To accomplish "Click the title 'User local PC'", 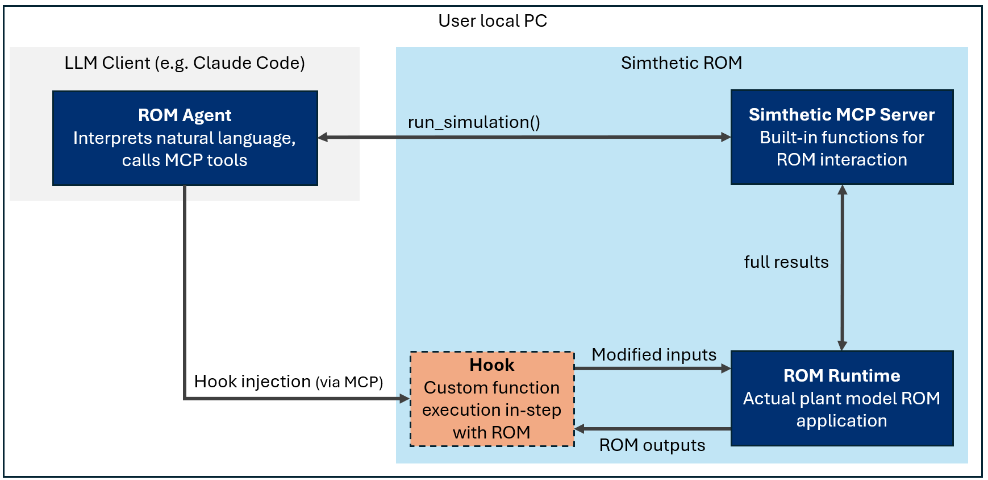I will pos(492,21).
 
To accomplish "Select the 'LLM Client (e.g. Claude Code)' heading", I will pos(184,63).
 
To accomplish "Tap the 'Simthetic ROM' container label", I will pos(681,63).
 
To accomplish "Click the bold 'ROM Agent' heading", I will pos(185,115).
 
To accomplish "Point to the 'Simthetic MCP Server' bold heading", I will pos(841,115).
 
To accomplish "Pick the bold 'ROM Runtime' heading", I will pos(841,376).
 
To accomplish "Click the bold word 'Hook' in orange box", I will pos(492,365).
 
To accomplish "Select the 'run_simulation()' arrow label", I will pos(474,122).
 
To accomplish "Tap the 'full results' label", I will pos(786,262).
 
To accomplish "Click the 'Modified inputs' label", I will pos(654,355).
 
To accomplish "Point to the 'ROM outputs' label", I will pos(652,445).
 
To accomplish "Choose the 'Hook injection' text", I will pos(252,382).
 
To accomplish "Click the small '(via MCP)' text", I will pos(349,383).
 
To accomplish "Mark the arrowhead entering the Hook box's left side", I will pos(405,399).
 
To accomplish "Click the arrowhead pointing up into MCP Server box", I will pos(843,190).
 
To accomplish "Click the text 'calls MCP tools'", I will pos(185,160).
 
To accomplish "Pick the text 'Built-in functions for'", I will pos(841,138).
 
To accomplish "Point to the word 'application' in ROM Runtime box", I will pos(841,421).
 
